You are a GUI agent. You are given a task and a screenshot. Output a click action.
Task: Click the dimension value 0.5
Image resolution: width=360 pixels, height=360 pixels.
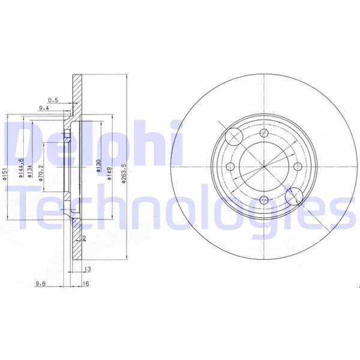coord(53,100)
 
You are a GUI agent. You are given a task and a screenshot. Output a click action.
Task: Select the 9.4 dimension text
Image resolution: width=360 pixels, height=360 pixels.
coord(43,109)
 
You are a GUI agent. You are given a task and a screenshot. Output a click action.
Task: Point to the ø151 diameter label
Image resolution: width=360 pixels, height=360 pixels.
coord(4,175)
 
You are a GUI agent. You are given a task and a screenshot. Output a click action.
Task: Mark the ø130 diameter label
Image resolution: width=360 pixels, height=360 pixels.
coord(98,166)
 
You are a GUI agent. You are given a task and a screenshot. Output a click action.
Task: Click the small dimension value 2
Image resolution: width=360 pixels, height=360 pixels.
coord(86,238)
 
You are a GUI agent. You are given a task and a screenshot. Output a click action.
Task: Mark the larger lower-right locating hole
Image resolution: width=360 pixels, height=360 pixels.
coord(293,196)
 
